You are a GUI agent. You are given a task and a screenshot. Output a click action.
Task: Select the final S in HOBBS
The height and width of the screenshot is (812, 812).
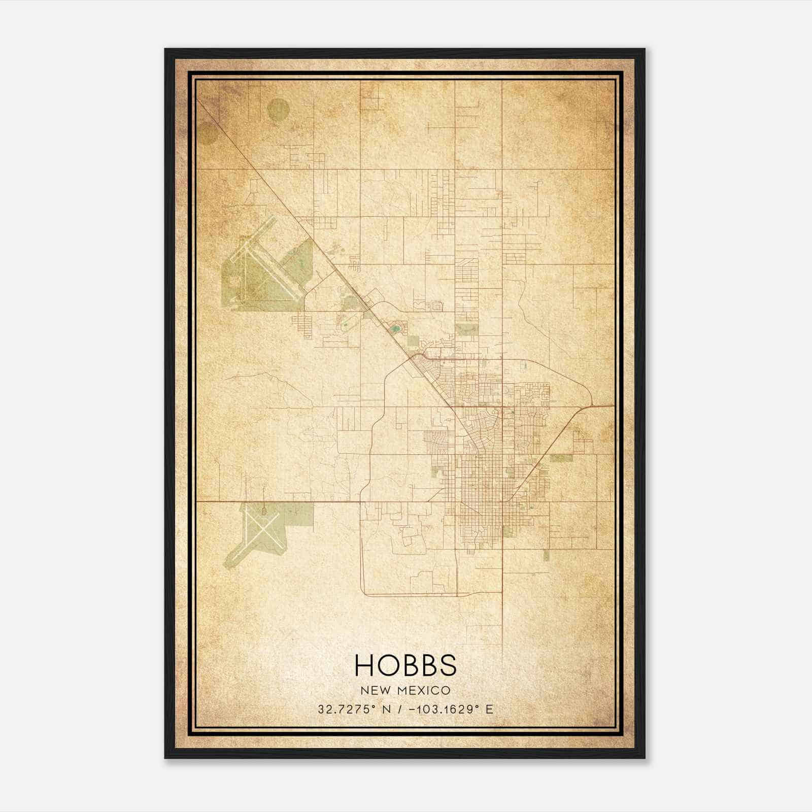447,665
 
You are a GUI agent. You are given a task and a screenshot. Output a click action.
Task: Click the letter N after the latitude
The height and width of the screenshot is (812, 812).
386,709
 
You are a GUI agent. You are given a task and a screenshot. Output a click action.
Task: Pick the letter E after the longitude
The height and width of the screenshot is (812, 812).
489,709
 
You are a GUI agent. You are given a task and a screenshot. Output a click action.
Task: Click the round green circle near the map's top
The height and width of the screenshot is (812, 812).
278,110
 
